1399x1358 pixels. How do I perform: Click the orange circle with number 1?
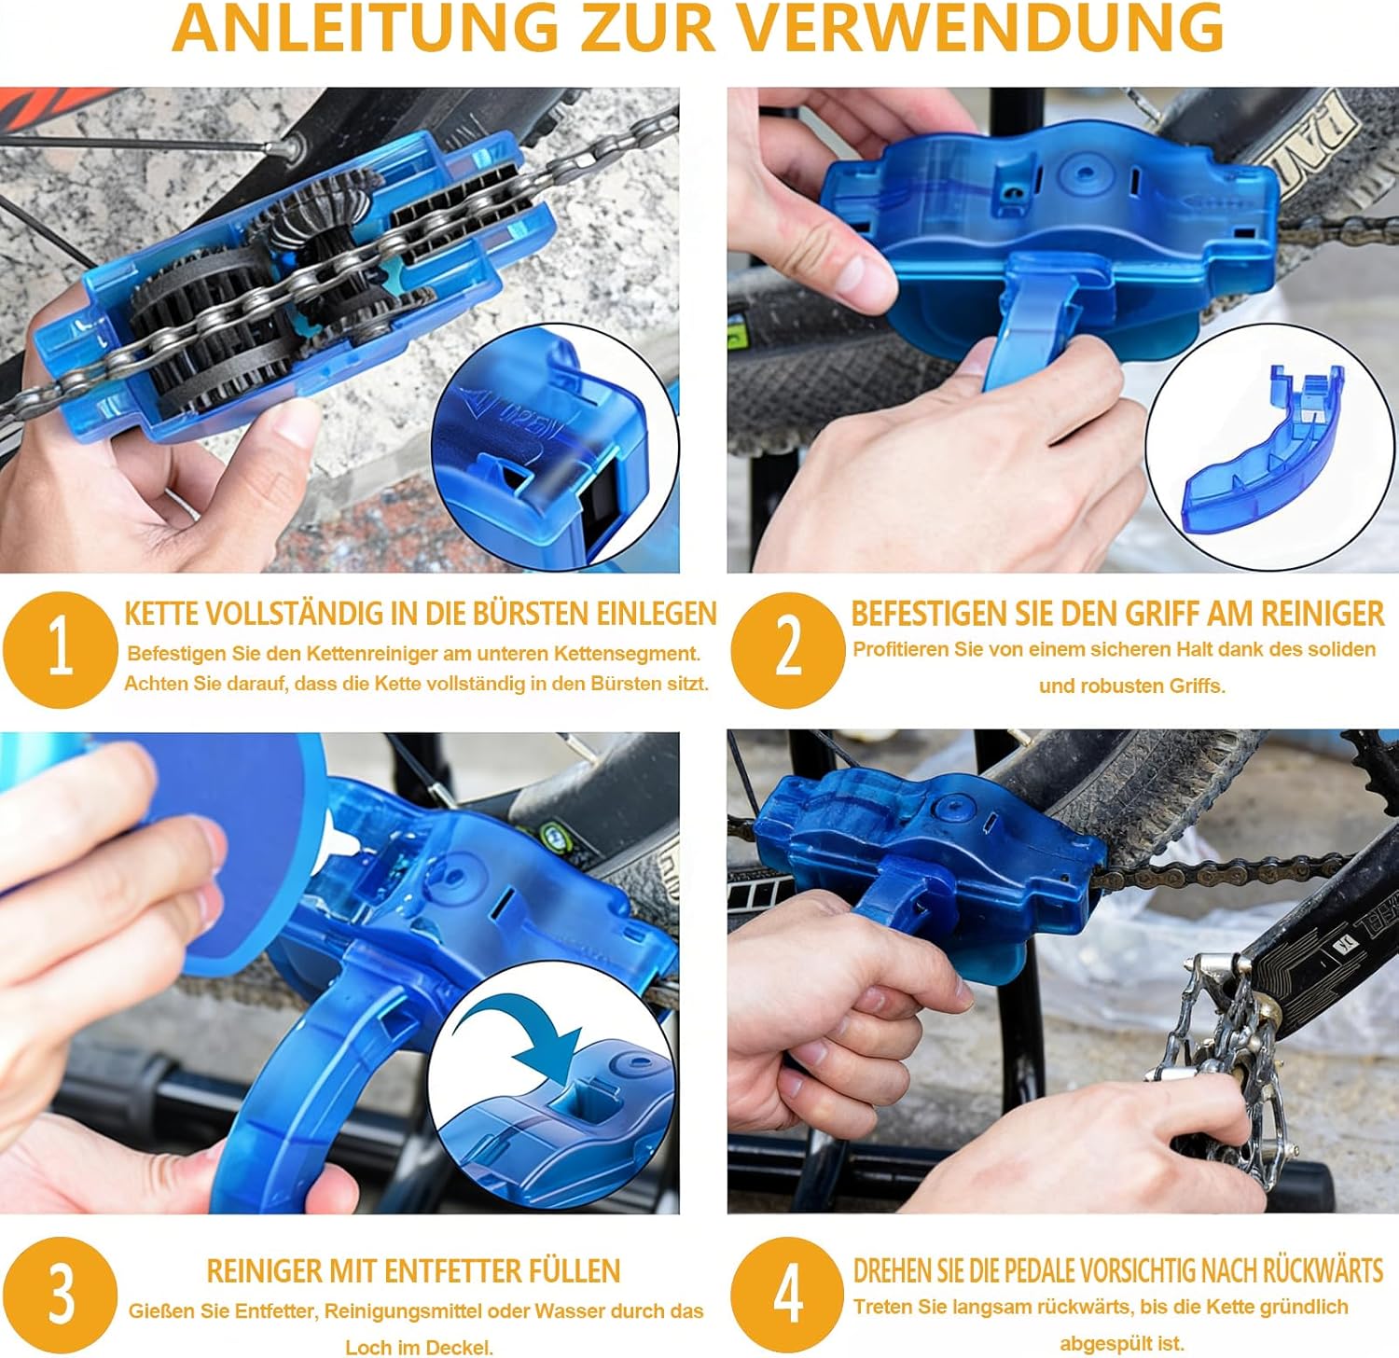click(60, 649)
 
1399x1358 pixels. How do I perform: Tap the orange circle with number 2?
click(788, 649)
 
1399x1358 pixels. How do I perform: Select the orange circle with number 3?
click(60, 1295)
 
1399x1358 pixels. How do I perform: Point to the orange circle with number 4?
click(788, 1295)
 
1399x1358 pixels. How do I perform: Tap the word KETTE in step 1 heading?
click(161, 614)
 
